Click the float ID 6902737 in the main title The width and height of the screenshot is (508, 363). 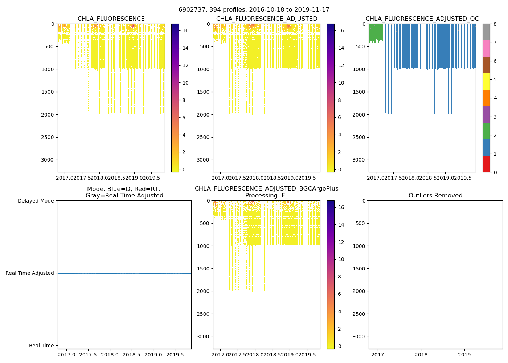click(192, 10)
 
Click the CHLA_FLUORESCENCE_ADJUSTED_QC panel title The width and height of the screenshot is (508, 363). click(422, 19)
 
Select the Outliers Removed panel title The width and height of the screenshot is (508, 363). click(435, 196)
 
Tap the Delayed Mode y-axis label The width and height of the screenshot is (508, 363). click(36, 201)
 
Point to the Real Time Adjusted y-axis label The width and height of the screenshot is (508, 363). click(29, 273)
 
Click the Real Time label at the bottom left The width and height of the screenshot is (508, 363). click(41, 346)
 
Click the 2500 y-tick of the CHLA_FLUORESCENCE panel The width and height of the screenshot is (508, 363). click(47, 137)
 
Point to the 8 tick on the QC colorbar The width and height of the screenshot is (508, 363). click(494, 24)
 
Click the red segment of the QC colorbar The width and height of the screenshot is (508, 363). click(486, 164)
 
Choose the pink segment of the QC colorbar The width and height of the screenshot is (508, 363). click(486, 48)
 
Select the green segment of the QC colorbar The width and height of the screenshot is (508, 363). click(486, 131)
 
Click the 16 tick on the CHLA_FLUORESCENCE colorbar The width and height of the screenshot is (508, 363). click(185, 30)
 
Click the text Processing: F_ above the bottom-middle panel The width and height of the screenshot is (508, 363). click(266, 196)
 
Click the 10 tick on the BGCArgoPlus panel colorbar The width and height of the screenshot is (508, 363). click(341, 259)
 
